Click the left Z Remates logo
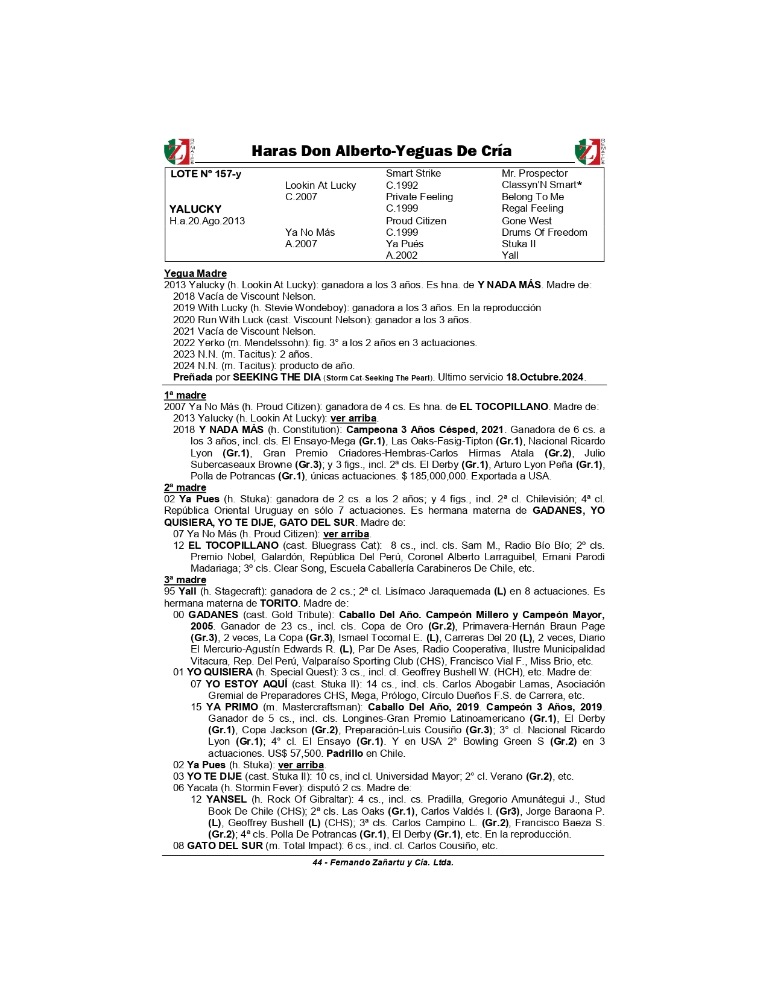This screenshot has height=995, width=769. point(179,151)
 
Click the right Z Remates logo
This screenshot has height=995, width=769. point(589,151)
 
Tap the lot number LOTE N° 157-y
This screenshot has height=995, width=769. point(206,174)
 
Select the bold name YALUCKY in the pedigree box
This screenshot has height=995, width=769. point(195,209)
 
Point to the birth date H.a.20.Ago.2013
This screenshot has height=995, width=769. point(207,221)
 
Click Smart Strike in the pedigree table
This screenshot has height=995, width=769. point(413,174)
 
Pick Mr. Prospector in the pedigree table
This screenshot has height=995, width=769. point(534,174)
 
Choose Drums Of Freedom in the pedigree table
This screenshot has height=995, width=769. point(544,232)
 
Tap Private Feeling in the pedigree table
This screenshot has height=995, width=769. point(419,197)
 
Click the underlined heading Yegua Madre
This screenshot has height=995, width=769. point(195,274)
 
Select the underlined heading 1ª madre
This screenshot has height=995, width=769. point(185,396)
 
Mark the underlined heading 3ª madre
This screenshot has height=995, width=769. point(185,580)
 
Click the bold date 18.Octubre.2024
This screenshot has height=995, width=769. point(545,377)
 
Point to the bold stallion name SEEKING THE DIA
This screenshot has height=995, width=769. point(277,377)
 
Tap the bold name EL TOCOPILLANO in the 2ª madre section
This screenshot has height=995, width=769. point(233,546)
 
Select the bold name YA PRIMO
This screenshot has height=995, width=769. point(232,707)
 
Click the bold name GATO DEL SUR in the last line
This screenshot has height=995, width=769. point(225,846)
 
